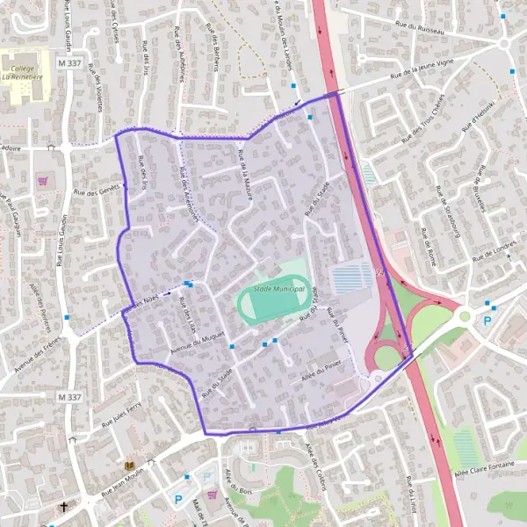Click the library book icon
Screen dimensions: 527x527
click(130, 466)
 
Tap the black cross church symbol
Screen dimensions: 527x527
click(63, 507)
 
